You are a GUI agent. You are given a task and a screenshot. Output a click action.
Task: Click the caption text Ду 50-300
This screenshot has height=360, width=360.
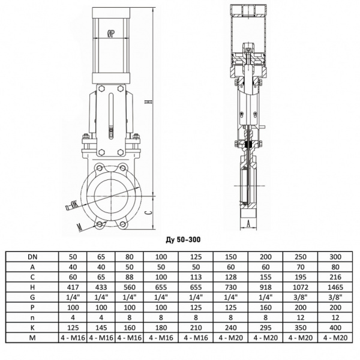point(182,239)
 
